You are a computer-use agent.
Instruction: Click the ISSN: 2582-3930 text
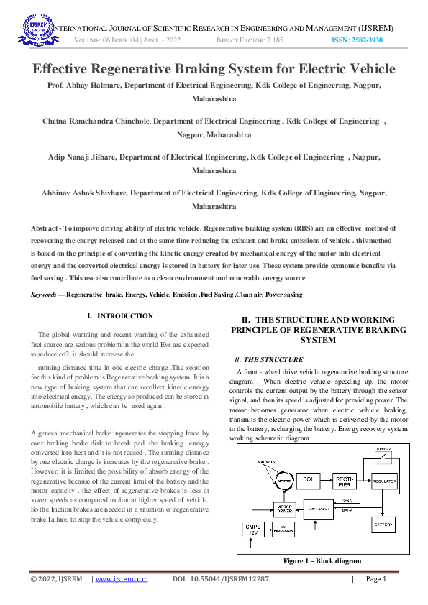(356, 41)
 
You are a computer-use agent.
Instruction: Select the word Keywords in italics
(45, 295)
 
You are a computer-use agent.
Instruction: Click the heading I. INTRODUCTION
(120, 315)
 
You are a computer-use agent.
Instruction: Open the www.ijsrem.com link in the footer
(122, 579)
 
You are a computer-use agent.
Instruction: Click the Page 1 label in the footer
(376, 579)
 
